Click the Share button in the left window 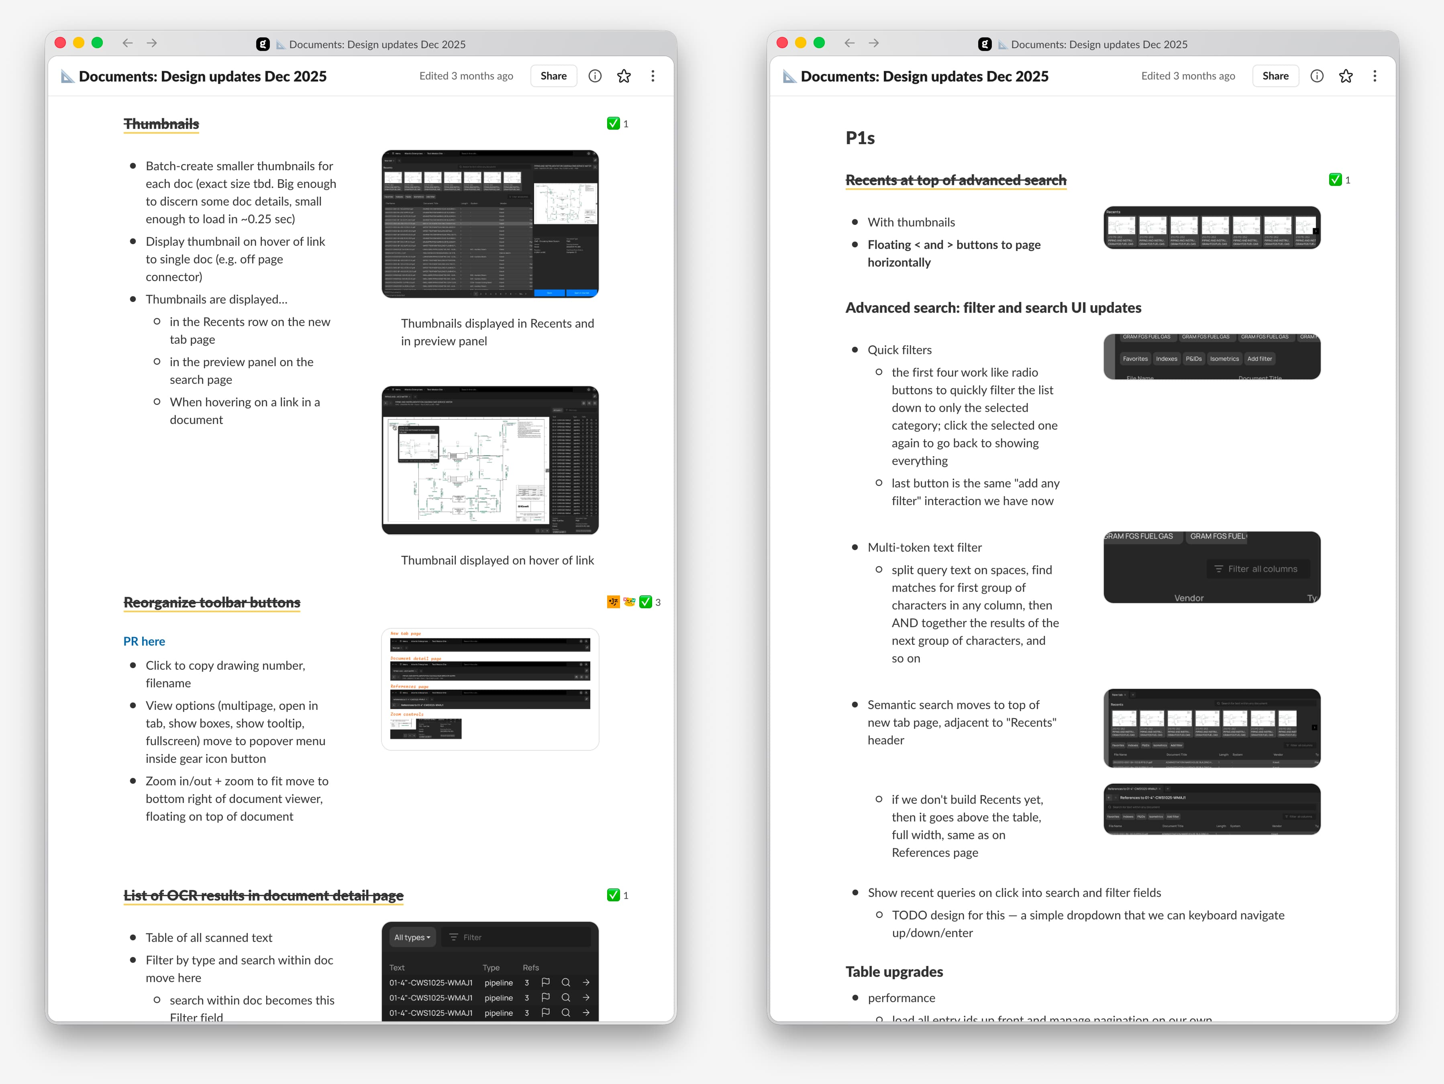click(x=553, y=76)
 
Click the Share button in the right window click(x=1275, y=76)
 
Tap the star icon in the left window click(x=624, y=76)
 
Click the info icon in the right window click(x=1317, y=76)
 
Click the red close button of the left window click(x=60, y=43)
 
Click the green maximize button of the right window click(x=819, y=43)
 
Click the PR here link click(x=144, y=641)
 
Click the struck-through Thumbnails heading click(x=161, y=124)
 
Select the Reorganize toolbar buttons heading click(x=212, y=602)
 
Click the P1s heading click(x=860, y=138)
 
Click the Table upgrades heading click(x=894, y=971)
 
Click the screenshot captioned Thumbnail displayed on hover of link click(x=489, y=460)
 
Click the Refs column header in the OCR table click(x=531, y=967)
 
